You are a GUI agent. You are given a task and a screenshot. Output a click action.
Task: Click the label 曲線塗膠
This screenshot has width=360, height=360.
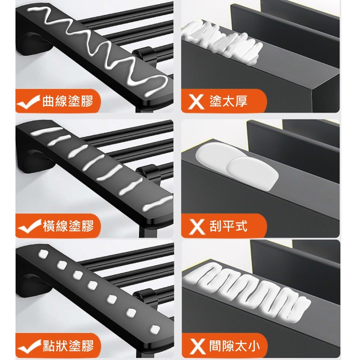[68, 101]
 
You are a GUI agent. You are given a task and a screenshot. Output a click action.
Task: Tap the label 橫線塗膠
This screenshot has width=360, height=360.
[68, 226]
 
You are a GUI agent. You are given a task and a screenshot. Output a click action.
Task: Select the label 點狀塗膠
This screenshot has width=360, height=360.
[68, 346]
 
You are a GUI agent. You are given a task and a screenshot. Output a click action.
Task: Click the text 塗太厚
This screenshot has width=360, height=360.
[228, 101]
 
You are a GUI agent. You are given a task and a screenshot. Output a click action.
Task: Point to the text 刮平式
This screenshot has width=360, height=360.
[228, 226]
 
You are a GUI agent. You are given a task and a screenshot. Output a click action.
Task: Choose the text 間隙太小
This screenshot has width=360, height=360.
[234, 346]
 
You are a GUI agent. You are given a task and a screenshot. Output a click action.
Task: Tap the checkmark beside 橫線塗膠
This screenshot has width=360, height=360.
[29, 227]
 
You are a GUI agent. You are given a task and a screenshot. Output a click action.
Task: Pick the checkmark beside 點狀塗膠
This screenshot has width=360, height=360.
[29, 347]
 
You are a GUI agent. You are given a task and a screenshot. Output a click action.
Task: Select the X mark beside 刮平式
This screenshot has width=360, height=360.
[196, 226]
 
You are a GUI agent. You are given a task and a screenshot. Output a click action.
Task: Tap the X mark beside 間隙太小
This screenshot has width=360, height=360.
[196, 346]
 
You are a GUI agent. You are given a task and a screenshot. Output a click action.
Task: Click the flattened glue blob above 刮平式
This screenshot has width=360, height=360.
[237, 166]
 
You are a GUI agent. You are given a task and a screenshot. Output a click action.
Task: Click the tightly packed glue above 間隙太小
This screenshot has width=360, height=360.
[247, 291]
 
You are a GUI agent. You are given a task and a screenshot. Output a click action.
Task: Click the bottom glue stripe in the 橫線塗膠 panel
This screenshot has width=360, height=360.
[158, 203]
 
